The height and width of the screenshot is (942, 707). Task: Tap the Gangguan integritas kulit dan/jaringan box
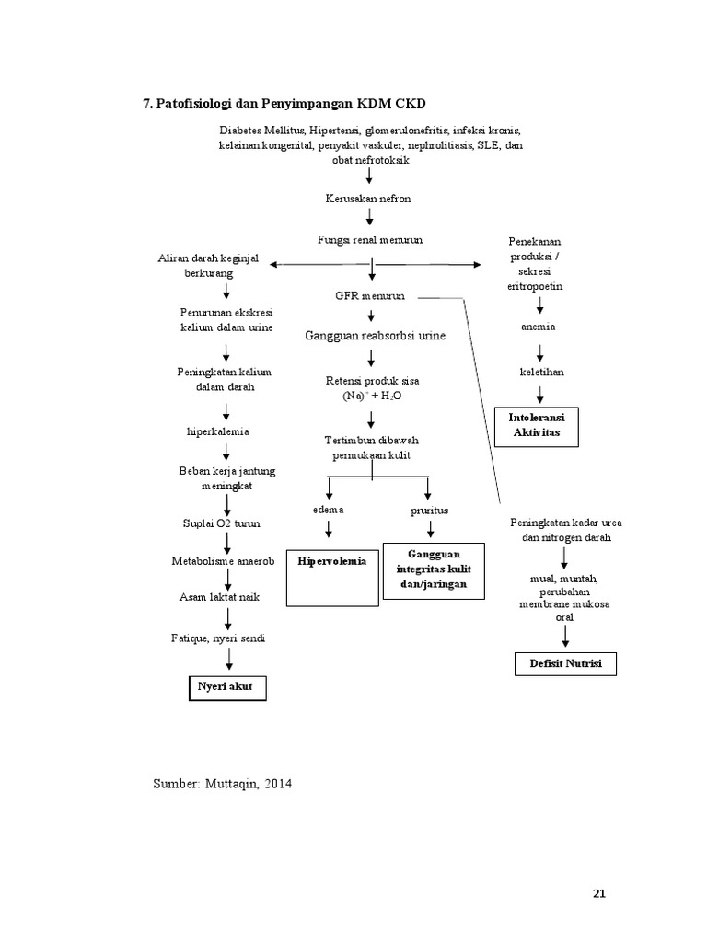coord(434,570)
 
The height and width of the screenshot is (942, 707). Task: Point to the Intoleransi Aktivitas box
coord(537,426)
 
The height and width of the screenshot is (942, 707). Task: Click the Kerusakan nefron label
coord(369,198)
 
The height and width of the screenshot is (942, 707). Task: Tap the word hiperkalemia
coord(219,431)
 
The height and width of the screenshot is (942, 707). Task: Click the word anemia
coord(538,327)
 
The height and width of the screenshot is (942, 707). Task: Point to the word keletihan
coord(542,372)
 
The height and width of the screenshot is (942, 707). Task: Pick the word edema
coord(327,509)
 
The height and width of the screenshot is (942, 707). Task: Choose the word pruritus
coord(428,510)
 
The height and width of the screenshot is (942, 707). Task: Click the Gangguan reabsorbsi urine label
coord(375,336)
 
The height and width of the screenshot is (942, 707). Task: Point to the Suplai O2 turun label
coord(221,523)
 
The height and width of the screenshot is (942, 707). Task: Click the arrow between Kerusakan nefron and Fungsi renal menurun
coord(370,218)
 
